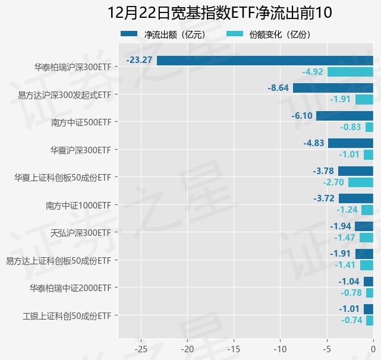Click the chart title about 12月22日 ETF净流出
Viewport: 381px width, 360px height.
click(220, 12)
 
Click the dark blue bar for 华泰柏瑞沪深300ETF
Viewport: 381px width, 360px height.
click(265, 60)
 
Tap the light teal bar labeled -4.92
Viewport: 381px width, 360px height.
click(350, 72)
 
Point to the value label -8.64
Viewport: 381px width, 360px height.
click(278, 88)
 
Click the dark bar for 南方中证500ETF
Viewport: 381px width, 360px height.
click(345, 115)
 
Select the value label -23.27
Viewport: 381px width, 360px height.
click(140, 60)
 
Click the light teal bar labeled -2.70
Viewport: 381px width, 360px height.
click(361, 182)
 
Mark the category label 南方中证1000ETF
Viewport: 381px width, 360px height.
click(78, 205)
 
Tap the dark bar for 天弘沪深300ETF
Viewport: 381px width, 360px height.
click(364, 226)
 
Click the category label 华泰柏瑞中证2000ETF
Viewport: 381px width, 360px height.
click(71, 288)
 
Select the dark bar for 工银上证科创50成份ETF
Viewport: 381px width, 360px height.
click(369, 308)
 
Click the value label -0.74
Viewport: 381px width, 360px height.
click(352, 320)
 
